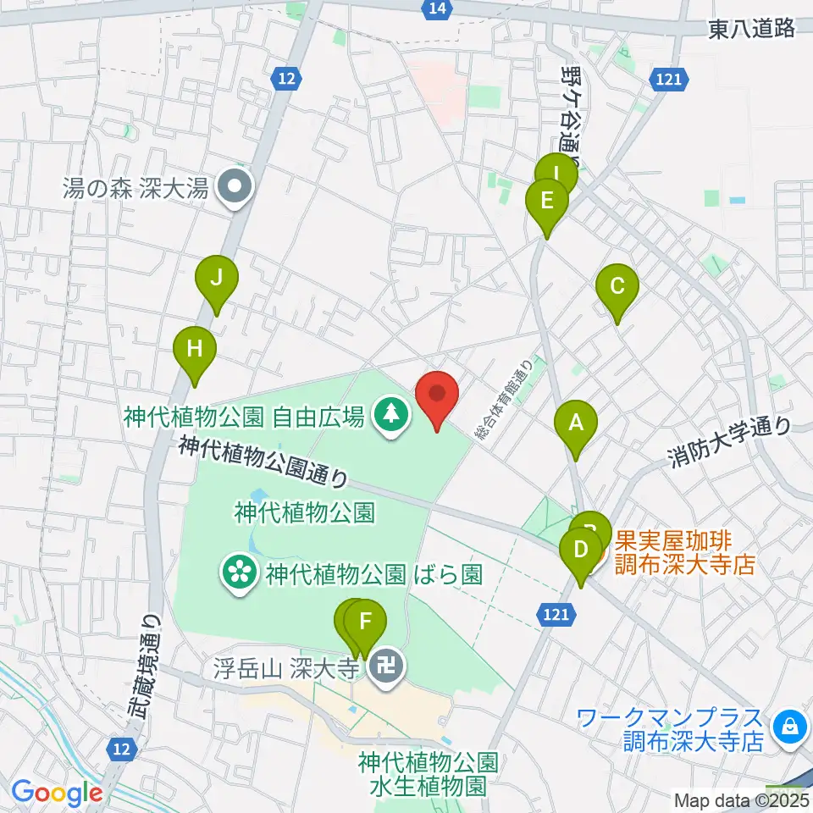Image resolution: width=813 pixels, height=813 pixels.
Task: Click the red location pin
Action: (437, 395)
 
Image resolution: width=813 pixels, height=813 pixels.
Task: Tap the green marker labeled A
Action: (576, 423)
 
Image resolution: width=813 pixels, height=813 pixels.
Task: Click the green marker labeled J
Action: (217, 279)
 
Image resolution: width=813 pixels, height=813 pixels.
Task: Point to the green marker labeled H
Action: (195, 349)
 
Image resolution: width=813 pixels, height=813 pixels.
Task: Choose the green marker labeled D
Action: (581, 550)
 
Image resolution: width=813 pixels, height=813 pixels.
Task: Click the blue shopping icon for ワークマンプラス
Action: (789, 724)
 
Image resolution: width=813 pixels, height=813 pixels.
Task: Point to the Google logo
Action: (57, 792)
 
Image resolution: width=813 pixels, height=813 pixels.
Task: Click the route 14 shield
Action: (436, 8)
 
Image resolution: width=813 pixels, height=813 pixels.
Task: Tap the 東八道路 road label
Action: (752, 29)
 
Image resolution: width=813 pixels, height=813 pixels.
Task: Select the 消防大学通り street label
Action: (730, 444)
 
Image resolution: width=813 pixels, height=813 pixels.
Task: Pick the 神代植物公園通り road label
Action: (263, 462)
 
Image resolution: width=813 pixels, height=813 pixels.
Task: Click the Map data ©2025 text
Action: (741, 799)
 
